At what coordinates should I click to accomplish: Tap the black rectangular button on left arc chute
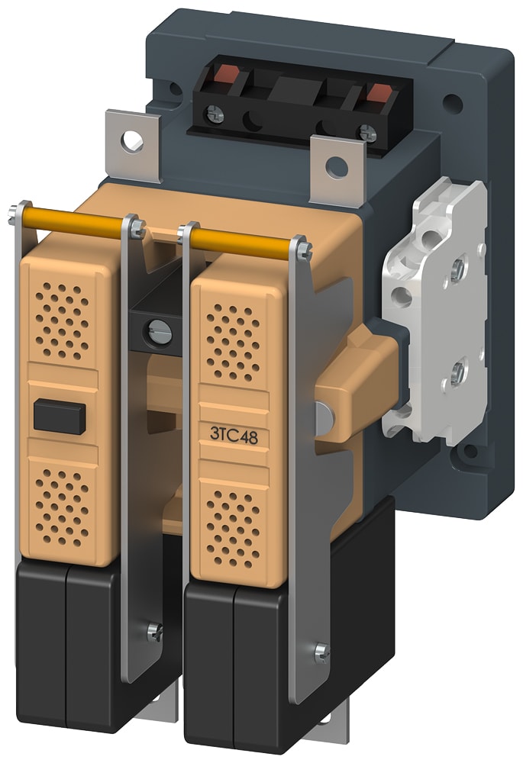[57, 417]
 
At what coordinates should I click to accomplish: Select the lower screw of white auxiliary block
[457, 374]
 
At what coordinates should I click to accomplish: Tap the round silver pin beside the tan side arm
[323, 415]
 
